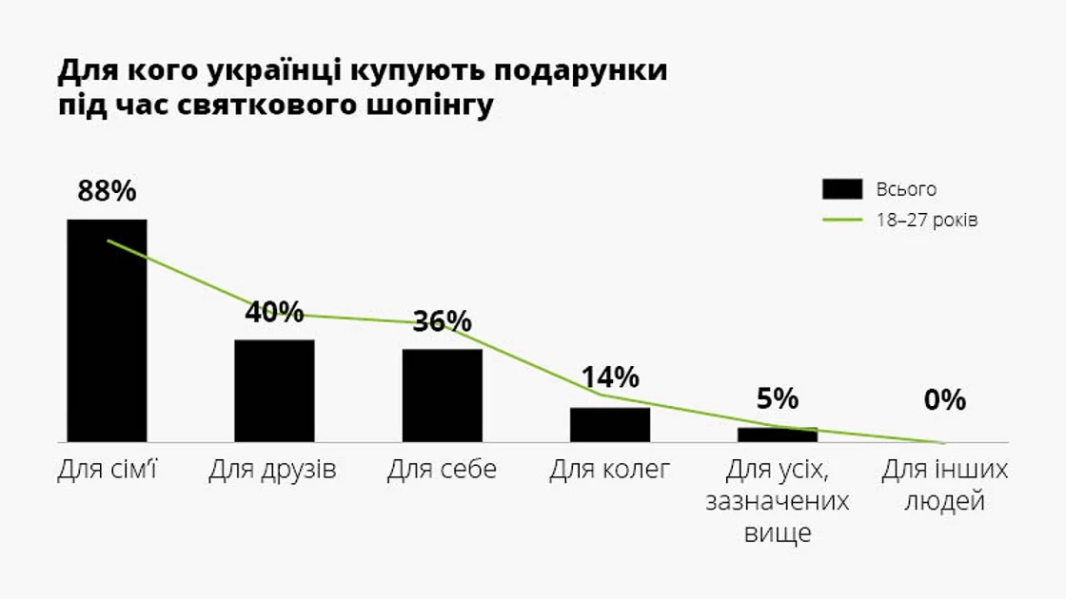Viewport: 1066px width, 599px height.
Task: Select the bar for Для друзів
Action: click(x=274, y=391)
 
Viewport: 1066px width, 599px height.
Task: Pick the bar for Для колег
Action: click(x=610, y=425)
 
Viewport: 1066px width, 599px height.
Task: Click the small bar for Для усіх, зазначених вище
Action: click(x=778, y=435)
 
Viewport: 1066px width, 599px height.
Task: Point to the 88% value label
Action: click(x=107, y=191)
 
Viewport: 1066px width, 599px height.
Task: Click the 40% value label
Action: click(x=274, y=312)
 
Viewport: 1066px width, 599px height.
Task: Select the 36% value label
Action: click(x=443, y=321)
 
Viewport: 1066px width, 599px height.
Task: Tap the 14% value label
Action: click(x=610, y=377)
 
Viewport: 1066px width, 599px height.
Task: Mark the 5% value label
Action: click(x=778, y=399)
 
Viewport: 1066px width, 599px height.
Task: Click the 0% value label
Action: click(x=944, y=400)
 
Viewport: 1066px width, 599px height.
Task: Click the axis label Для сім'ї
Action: click(x=107, y=470)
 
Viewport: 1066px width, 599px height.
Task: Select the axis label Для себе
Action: click(x=442, y=470)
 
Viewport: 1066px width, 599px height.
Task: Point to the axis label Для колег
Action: click(x=610, y=470)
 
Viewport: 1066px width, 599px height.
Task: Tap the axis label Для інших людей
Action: click(x=944, y=485)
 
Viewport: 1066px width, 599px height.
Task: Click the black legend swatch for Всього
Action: click(x=841, y=189)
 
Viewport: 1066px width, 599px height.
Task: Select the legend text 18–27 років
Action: click(x=927, y=220)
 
